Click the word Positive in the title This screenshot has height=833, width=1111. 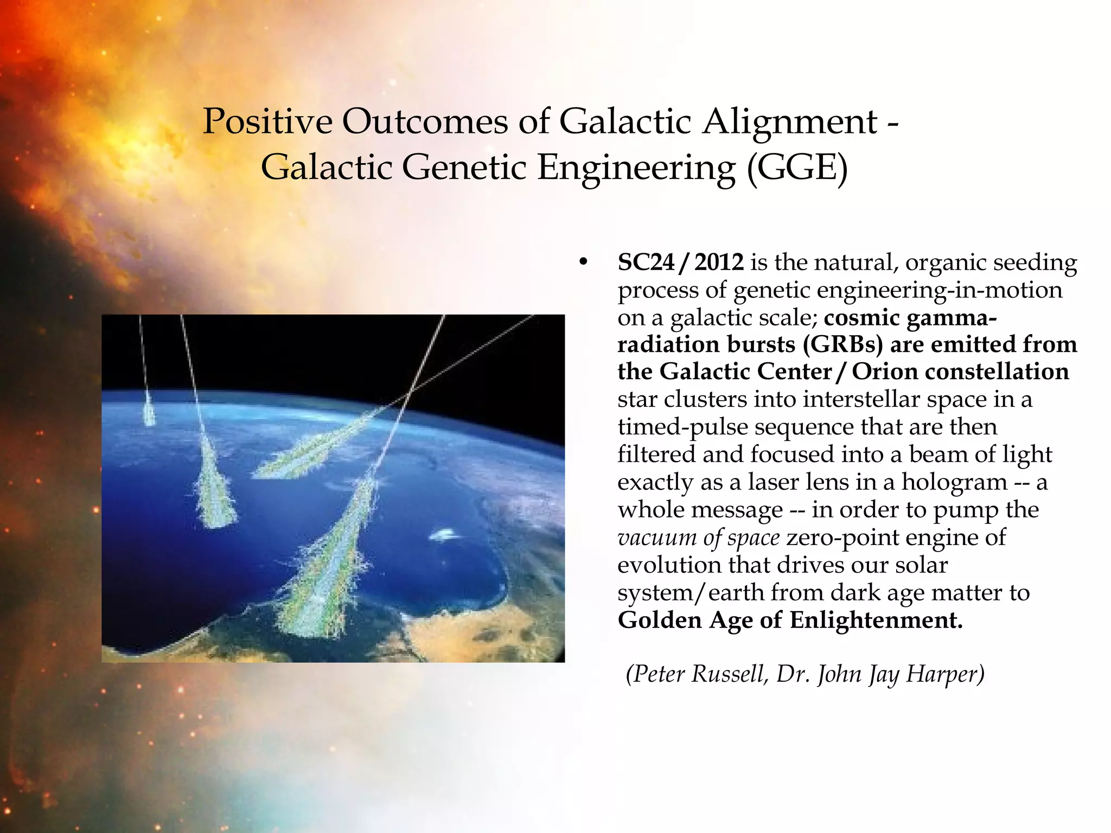click(x=267, y=121)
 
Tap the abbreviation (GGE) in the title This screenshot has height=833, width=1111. click(x=797, y=167)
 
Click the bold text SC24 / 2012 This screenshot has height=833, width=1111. click(x=680, y=262)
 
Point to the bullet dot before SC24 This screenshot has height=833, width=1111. click(x=583, y=263)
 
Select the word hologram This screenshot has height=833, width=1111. click(x=954, y=482)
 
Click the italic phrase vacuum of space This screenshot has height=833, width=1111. click(x=698, y=537)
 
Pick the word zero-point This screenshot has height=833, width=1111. click(x=842, y=537)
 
